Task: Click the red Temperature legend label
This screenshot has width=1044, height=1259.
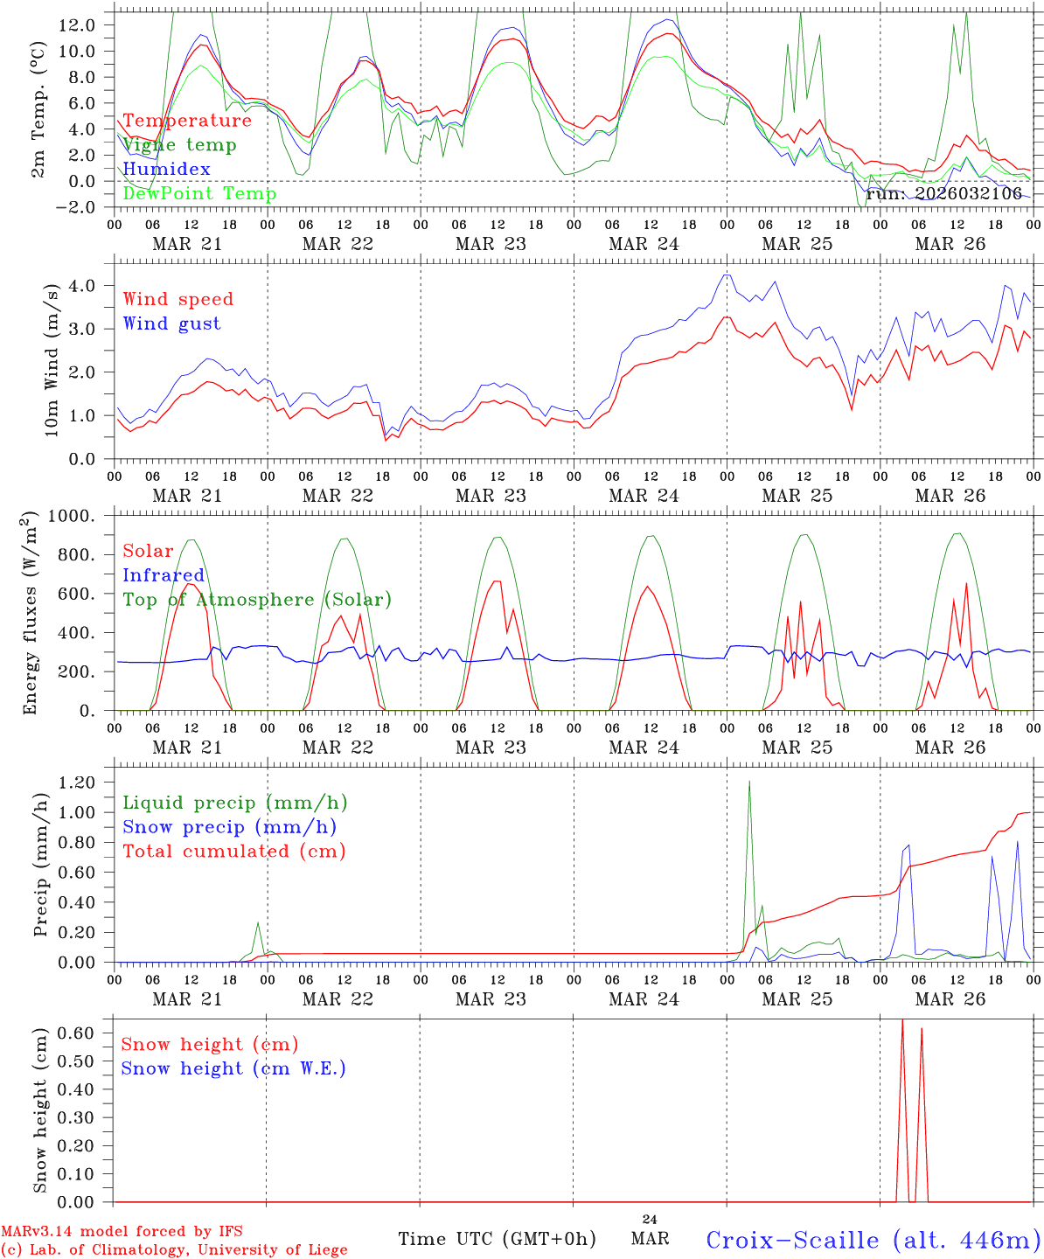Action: (187, 121)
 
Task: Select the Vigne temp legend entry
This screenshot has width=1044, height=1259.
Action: (179, 145)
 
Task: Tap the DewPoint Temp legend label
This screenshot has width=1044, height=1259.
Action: (199, 194)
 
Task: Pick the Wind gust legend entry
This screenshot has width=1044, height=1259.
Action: (171, 323)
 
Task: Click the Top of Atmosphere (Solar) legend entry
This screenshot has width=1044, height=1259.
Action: (257, 600)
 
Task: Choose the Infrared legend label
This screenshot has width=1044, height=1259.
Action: (164, 575)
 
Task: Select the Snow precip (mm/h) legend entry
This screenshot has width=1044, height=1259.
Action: (229, 827)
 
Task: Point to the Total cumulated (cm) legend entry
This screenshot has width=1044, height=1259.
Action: (234, 852)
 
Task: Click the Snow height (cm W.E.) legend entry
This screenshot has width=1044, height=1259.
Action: (233, 1068)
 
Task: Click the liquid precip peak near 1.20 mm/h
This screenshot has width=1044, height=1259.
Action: (749, 782)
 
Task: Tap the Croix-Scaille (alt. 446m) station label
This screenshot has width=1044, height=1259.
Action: (873, 1240)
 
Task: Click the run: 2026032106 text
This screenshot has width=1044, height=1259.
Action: (943, 194)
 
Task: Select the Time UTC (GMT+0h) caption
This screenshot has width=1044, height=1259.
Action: (497, 1239)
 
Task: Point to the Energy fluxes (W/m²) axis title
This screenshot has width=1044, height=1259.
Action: (32, 612)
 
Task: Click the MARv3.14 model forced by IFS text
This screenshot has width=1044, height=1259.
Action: (122, 1232)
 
